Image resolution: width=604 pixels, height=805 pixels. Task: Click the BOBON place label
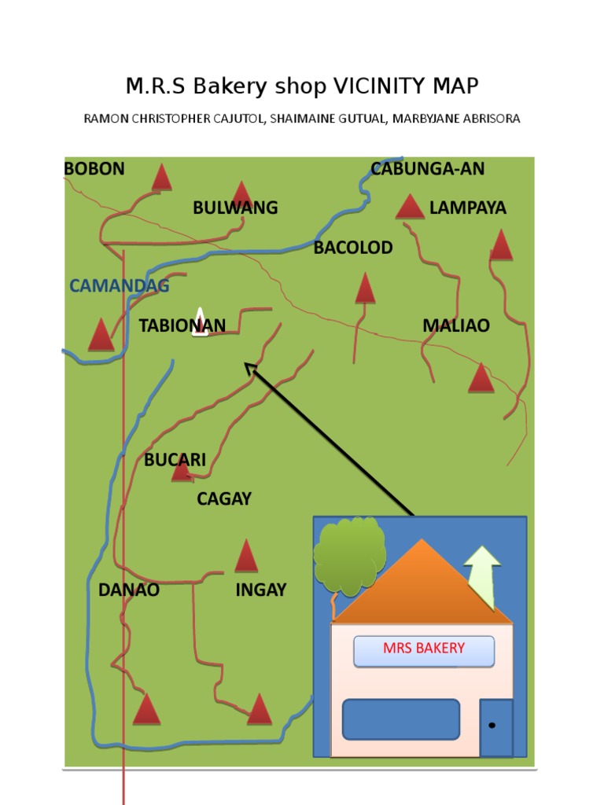pyautogui.click(x=94, y=168)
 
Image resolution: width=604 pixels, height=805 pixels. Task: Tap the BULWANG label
pyautogui.click(x=235, y=208)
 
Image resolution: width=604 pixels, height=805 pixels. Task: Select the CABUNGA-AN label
pyautogui.click(x=427, y=168)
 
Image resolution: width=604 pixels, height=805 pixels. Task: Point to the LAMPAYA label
pyautogui.click(x=467, y=208)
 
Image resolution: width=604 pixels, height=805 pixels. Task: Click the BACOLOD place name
pyautogui.click(x=352, y=248)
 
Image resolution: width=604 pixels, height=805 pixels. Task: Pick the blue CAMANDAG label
pyautogui.click(x=119, y=286)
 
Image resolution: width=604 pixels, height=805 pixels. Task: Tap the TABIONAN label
pyautogui.click(x=182, y=325)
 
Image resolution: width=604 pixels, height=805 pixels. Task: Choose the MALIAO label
pyautogui.click(x=455, y=325)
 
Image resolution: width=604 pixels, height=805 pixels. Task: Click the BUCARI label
pyautogui.click(x=175, y=460)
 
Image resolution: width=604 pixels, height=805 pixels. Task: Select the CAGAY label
pyautogui.click(x=223, y=498)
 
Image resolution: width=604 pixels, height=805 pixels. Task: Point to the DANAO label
pyautogui.click(x=128, y=590)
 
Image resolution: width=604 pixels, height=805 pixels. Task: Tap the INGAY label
pyautogui.click(x=260, y=590)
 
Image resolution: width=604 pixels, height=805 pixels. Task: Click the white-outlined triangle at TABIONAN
pyautogui.click(x=201, y=323)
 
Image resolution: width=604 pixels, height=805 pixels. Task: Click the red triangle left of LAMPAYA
pyautogui.click(x=409, y=208)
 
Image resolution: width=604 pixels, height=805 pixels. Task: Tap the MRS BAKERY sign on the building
pyautogui.click(x=424, y=649)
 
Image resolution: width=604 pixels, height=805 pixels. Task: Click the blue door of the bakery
pyautogui.click(x=496, y=727)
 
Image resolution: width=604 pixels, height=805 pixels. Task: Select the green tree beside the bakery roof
pyautogui.click(x=349, y=554)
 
